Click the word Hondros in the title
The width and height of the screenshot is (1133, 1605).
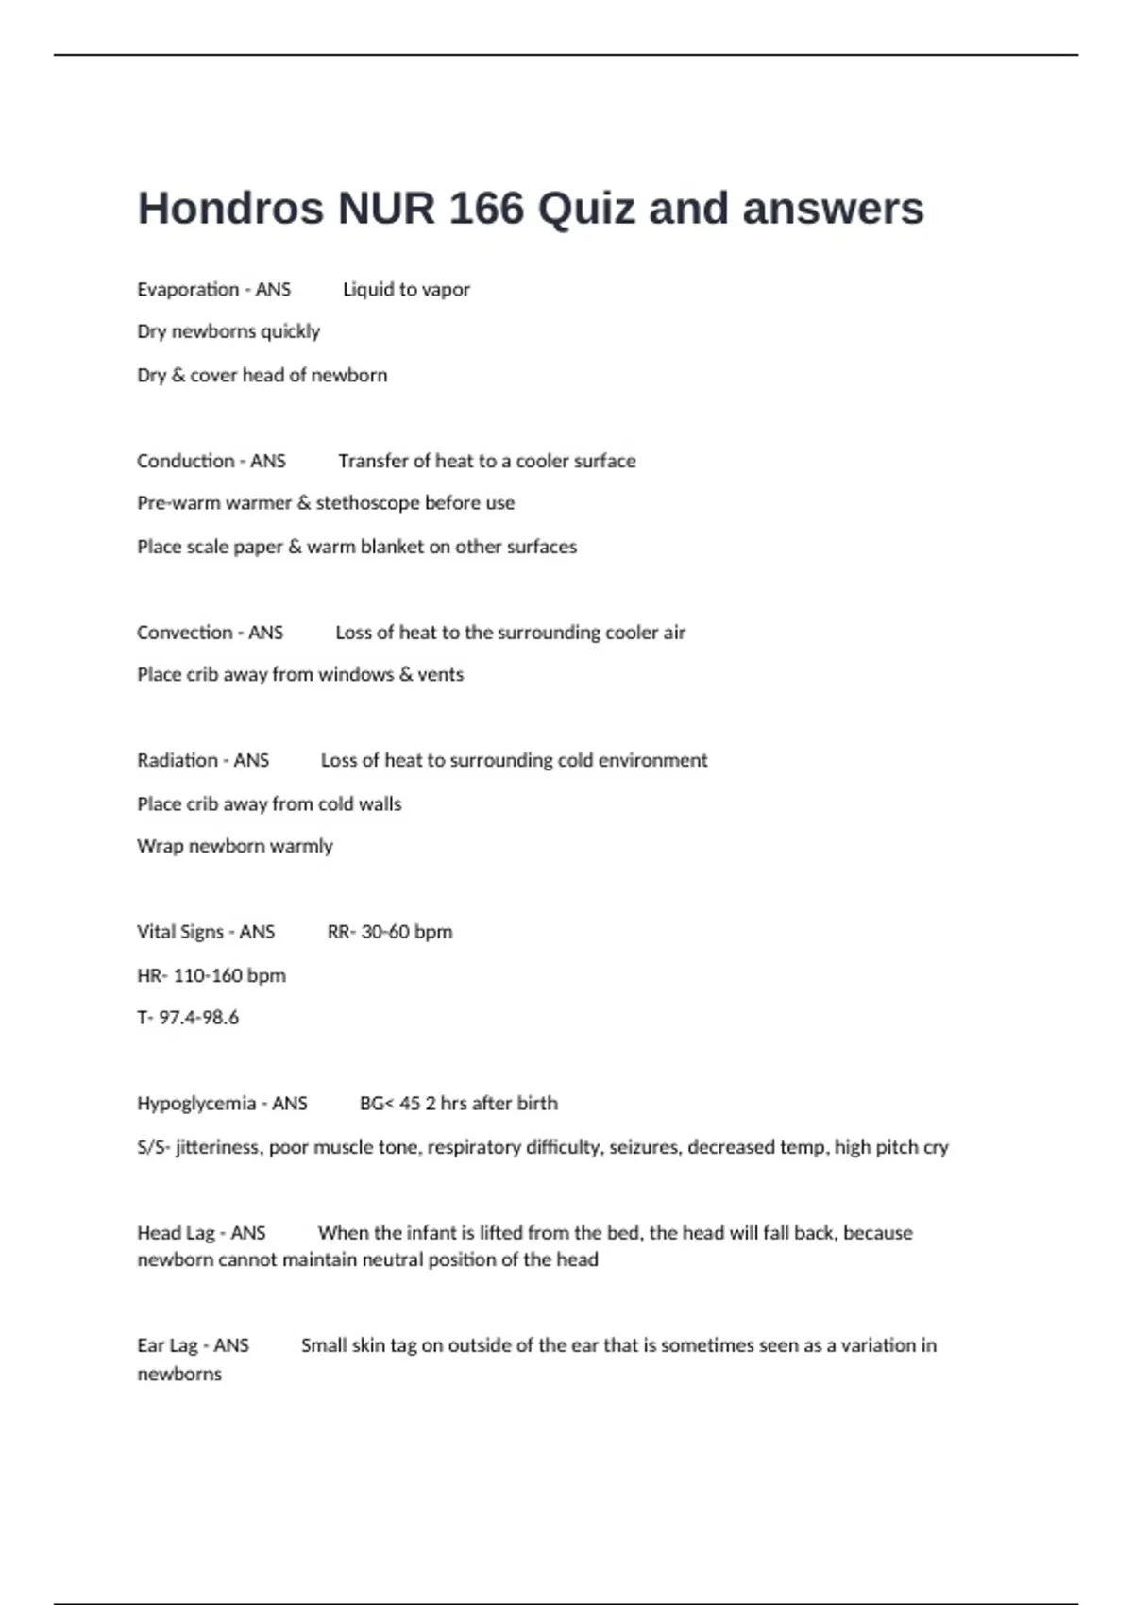pyautogui.click(x=230, y=209)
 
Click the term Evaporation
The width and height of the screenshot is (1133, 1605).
pyautogui.click(x=188, y=289)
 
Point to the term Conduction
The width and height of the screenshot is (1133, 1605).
pyautogui.click(x=186, y=461)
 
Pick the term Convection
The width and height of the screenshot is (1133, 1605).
pyautogui.click(x=184, y=633)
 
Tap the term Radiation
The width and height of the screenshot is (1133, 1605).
pyautogui.click(x=178, y=760)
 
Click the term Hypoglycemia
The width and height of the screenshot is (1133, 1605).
pyautogui.click(x=196, y=1103)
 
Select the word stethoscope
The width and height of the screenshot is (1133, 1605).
pyautogui.click(x=367, y=503)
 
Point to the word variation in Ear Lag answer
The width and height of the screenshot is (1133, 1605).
pyautogui.click(x=866, y=1345)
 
